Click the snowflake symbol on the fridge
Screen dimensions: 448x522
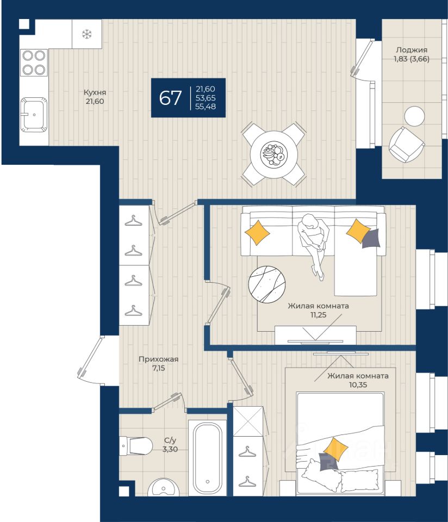[87, 34]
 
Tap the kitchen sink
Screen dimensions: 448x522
[34, 115]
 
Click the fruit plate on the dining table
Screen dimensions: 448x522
[273, 154]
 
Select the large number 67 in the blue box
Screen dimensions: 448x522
[170, 98]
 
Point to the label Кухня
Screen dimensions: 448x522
[95, 92]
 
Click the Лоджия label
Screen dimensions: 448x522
[412, 50]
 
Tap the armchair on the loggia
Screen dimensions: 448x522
[407, 145]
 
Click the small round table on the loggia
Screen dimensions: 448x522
[414, 116]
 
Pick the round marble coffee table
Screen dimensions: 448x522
[267, 284]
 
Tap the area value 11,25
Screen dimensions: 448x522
[318, 315]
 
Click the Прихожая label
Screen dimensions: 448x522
[158, 359]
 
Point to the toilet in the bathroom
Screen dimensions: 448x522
[136, 445]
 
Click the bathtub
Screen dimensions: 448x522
[208, 458]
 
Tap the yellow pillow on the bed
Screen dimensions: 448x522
[335, 449]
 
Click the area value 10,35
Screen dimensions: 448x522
[358, 385]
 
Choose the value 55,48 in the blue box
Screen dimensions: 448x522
[206, 107]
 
